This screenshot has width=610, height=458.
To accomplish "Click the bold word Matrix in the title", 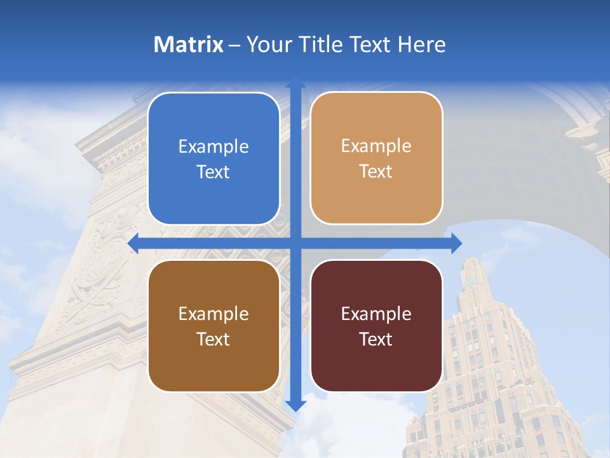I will click(189, 45).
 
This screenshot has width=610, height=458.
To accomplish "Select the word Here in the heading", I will click(423, 45).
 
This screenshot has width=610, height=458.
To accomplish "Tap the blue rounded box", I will click(213, 158).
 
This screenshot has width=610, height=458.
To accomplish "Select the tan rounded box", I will click(376, 158).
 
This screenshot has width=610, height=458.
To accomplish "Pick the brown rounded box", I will click(213, 326).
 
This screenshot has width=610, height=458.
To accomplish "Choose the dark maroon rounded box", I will click(376, 326).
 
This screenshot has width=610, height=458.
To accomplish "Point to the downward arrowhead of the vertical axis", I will click(295, 405).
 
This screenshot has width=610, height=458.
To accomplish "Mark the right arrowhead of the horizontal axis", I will click(456, 243).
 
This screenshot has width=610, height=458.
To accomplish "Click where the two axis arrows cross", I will click(295, 243).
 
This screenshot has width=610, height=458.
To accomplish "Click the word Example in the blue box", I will click(213, 147).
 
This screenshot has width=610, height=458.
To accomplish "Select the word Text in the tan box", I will click(376, 172).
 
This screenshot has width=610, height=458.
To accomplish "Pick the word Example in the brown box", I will click(213, 314).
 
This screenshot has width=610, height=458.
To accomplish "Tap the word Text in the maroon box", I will click(376, 339).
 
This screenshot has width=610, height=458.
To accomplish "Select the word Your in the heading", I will click(268, 45).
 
